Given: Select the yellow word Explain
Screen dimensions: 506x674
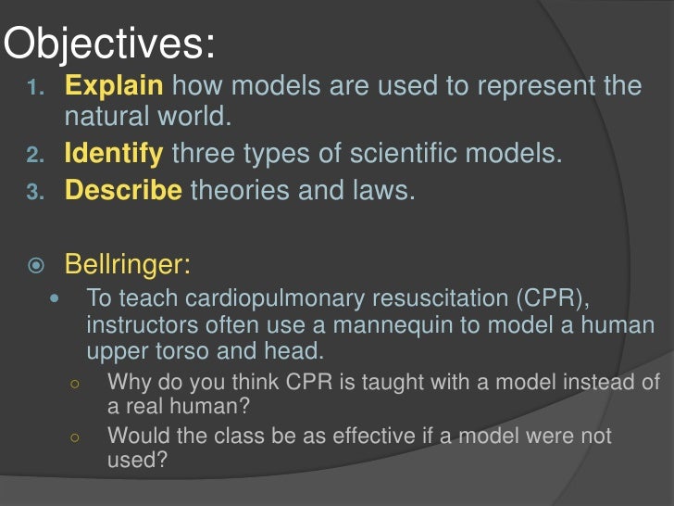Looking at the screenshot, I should (x=114, y=87).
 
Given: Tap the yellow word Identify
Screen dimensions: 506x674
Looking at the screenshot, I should (x=114, y=153).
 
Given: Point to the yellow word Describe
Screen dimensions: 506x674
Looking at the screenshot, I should (x=123, y=191).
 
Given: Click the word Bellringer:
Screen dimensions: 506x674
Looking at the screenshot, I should (x=128, y=264).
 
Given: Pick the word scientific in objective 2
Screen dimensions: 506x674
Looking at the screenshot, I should (x=388, y=153).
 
